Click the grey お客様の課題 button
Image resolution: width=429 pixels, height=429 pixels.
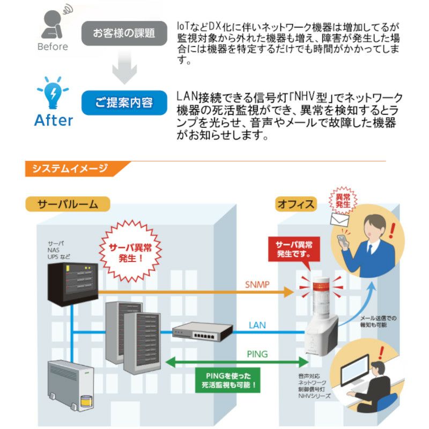click(x=124, y=33)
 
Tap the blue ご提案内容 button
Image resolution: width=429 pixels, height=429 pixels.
click(x=124, y=102)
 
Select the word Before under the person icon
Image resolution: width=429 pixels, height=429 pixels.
click(x=53, y=47)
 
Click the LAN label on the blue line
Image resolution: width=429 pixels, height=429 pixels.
click(x=257, y=325)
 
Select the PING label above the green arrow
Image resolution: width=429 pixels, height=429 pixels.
click(x=257, y=354)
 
